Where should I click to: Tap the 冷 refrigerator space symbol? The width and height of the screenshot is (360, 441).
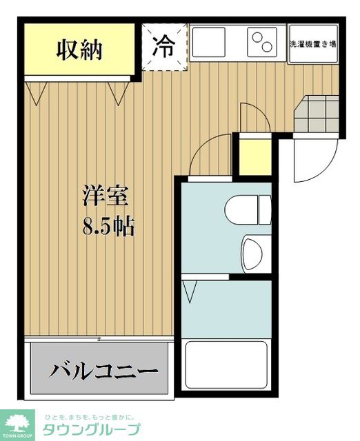[x=164, y=46]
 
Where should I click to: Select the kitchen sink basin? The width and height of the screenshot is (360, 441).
[x=213, y=42]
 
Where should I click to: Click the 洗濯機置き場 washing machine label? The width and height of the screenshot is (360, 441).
[x=312, y=43]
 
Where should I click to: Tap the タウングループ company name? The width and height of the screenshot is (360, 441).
[x=92, y=431]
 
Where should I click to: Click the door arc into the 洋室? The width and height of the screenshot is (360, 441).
[x=212, y=155]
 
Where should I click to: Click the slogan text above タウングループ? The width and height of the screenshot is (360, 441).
[x=90, y=417]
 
